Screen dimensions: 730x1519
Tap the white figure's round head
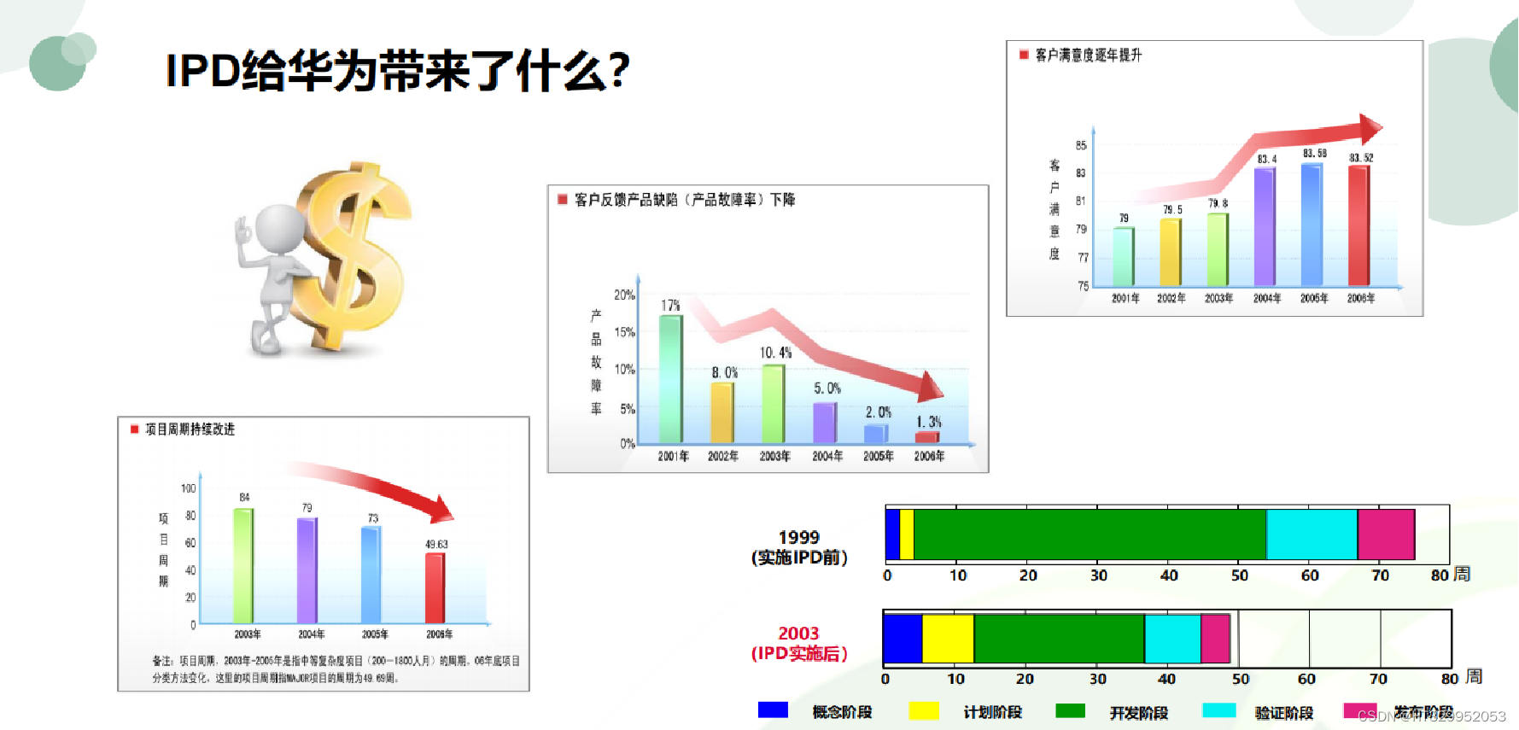[280, 229]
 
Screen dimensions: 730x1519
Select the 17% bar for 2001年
[671, 379]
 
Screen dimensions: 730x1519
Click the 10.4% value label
[775, 353]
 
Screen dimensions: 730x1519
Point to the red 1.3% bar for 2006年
[927, 437]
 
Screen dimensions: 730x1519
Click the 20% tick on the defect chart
[624, 295]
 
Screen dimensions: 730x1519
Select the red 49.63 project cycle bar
[435, 588]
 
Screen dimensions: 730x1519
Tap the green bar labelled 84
[243, 565]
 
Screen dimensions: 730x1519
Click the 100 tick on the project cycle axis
[188, 488]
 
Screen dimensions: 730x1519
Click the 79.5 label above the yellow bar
[1172, 209]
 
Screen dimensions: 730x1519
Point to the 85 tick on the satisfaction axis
[1081, 146]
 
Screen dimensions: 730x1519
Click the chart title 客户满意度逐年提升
[1088, 55]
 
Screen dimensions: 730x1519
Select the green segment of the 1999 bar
[1090, 534]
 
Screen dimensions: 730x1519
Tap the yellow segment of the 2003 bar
[948, 639]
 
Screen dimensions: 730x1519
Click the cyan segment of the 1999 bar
[1312, 534]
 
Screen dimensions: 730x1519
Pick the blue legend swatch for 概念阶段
[773, 710]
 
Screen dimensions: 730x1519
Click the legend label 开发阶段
[1138, 713]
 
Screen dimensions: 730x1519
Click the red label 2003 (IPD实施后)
[798, 644]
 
